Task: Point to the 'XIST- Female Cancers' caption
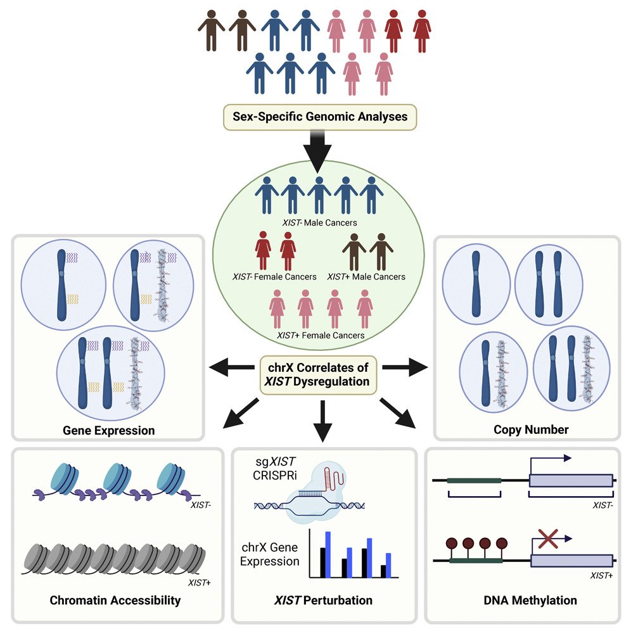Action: (274, 276)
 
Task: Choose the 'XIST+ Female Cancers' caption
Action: (321, 335)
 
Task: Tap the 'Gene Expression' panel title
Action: (109, 430)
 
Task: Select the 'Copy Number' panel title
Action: (531, 430)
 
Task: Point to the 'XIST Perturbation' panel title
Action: (324, 600)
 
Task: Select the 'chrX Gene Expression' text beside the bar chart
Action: (271, 554)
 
